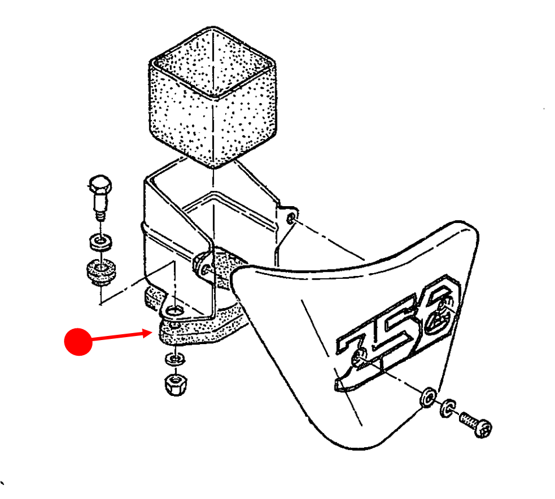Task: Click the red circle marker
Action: click(x=78, y=342)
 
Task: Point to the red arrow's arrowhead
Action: click(x=149, y=333)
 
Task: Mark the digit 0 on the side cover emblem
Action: click(x=439, y=309)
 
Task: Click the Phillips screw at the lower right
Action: click(x=476, y=423)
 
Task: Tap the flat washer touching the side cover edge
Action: click(x=428, y=398)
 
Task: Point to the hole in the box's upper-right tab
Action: click(x=291, y=219)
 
